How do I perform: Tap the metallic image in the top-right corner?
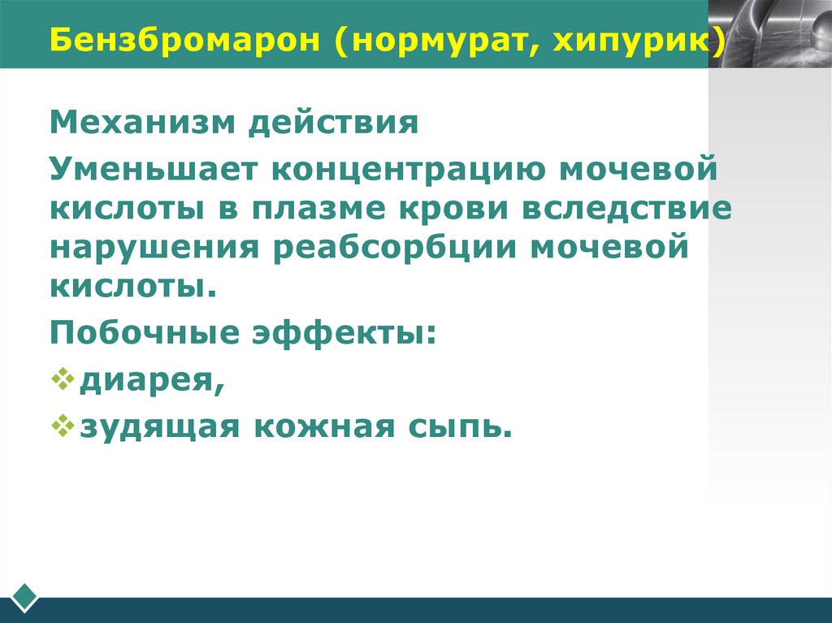click(x=769, y=33)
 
